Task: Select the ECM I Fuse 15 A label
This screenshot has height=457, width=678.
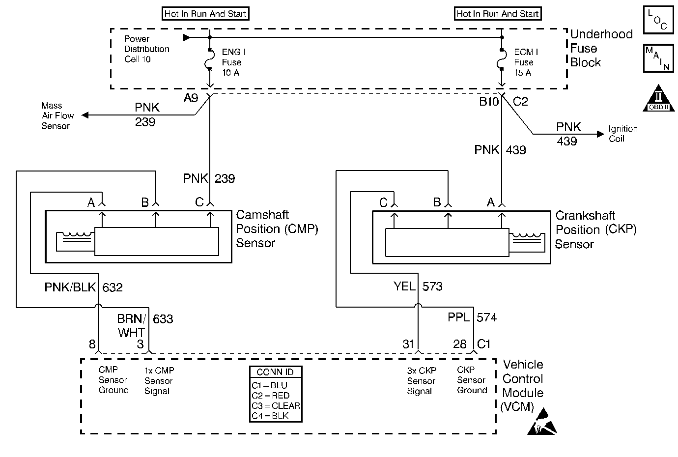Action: pos(525,62)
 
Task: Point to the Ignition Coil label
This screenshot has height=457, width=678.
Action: pos(622,134)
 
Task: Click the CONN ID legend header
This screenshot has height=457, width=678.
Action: pos(275,372)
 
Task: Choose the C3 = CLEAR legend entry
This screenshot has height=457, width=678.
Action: pos(276,406)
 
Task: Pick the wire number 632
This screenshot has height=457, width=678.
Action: pos(113,287)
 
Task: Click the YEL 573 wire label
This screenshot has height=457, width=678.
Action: pos(418,286)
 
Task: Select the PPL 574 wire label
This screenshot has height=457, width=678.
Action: pos(472,317)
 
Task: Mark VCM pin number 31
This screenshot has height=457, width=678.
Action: pos(408,344)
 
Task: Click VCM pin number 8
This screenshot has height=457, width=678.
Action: pos(92,344)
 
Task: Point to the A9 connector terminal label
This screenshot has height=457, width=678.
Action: pos(191,98)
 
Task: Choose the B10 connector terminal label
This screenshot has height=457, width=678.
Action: pos(489,102)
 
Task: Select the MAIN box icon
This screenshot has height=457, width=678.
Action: pos(657,58)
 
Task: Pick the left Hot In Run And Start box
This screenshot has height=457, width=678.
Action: pos(205,14)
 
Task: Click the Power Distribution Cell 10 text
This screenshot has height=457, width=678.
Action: pos(146,49)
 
